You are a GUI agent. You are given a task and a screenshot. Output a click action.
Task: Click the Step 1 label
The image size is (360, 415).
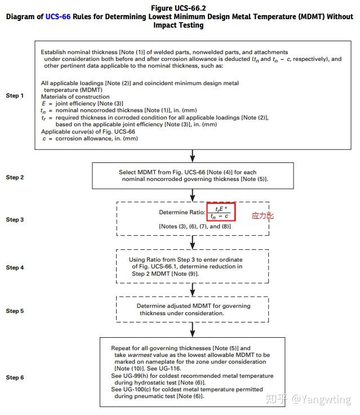click(x=15, y=95)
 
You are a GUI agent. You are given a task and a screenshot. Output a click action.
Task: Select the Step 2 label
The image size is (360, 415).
click(x=15, y=177)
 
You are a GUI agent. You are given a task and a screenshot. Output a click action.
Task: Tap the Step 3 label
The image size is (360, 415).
click(x=15, y=219)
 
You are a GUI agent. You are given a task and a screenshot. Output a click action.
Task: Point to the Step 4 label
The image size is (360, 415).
click(x=15, y=267)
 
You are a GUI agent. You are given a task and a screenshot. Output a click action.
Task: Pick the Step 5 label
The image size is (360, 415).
click(x=15, y=311)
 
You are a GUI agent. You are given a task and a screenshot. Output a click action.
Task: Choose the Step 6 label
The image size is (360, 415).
click(x=15, y=377)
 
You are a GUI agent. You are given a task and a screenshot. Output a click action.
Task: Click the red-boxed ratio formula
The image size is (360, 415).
click(x=220, y=212)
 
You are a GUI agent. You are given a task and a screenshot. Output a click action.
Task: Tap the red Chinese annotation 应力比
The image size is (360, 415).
click(x=262, y=215)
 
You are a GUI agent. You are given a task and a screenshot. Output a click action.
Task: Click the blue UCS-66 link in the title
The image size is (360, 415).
click(x=59, y=17)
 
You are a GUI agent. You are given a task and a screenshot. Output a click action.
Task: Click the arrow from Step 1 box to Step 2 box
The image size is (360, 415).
click(x=193, y=155)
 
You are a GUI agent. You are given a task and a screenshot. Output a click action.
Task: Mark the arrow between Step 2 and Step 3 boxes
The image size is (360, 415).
click(x=193, y=195)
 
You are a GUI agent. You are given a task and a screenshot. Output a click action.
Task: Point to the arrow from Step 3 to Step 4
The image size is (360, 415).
click(x=193, y=241)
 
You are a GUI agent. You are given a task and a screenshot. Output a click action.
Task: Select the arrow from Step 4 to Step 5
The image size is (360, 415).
click(x=193, y=289)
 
